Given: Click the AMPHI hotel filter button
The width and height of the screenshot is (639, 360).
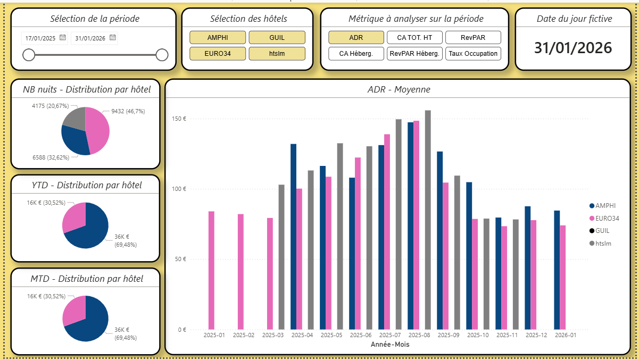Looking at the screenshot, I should coord(218,37).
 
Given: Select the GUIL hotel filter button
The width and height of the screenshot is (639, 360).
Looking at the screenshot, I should coord(277,37).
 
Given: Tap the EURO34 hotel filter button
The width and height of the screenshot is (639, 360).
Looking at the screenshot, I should coord(218,54).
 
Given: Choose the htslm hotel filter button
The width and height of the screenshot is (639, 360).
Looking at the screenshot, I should coord(277,54).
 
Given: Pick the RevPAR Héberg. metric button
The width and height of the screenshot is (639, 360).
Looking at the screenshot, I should coord(414,54).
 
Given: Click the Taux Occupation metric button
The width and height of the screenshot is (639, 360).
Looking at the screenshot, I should coord(473,54).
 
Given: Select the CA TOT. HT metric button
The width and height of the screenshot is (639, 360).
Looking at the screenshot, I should coord(414,37).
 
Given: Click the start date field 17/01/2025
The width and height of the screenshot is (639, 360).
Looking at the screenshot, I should coord(40,38).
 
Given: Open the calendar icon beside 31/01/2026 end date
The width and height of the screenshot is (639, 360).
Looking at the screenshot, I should coord(112,38).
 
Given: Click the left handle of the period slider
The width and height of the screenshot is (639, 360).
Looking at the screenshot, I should coord(29,55).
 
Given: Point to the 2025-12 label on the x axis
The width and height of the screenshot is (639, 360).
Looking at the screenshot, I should coord(536,336).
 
